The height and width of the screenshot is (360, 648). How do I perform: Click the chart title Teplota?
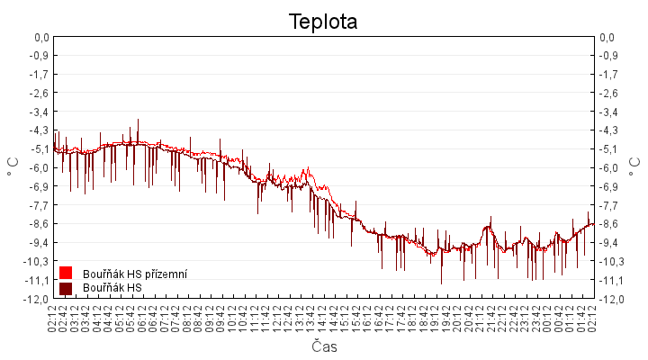(323, 21)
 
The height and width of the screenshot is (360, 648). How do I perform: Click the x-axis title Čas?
(324, 346)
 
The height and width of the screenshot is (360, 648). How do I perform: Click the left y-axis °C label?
(13, 167)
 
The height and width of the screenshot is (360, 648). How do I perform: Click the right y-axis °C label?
(635, 167)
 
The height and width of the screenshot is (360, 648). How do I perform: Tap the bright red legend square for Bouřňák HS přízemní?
(66, 273)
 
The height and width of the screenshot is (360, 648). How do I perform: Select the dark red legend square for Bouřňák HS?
(66, 288)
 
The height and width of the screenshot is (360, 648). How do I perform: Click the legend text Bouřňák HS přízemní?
(135, 273)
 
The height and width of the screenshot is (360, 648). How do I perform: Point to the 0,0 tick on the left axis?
(40, 37)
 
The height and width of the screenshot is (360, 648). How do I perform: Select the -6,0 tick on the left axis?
(40, 167)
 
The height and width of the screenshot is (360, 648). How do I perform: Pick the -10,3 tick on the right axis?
(609, 261)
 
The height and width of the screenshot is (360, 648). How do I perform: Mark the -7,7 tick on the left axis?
(40, 205)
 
